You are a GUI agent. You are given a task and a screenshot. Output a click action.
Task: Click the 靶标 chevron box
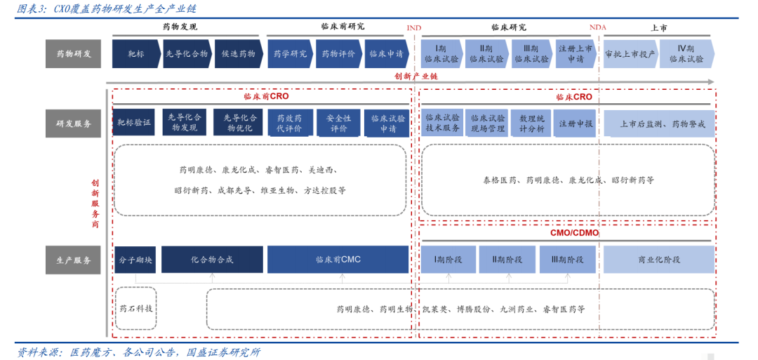[136, 53]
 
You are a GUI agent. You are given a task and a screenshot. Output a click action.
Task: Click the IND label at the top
[414, 27]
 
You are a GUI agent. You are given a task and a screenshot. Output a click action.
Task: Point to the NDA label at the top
[597, 27]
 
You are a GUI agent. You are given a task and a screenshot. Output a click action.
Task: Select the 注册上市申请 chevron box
[576, 53]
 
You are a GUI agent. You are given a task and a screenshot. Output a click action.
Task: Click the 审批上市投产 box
[630, 53]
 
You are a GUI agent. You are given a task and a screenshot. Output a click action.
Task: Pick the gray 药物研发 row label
[74, 53]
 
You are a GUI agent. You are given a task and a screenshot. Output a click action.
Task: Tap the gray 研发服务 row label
[74, 124]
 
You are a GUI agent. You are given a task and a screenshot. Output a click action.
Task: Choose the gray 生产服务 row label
[74, 260]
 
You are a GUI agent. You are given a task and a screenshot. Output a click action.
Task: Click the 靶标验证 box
[134, 122]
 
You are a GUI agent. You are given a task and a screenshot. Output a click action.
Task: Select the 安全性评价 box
[338, 123]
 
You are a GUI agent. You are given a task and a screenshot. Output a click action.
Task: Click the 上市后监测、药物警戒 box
[659, 124]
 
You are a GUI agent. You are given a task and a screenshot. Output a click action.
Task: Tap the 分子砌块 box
[135, 260]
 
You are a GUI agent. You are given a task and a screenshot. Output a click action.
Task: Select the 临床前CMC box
[338, 260]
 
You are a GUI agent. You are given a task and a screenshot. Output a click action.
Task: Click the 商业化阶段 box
[659, 260]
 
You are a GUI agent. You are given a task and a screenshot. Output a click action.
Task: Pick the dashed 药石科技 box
[136, 308]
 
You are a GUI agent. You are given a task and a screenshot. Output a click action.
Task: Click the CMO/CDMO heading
[574, 233]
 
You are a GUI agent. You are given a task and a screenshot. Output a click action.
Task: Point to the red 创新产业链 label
[414, 76]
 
